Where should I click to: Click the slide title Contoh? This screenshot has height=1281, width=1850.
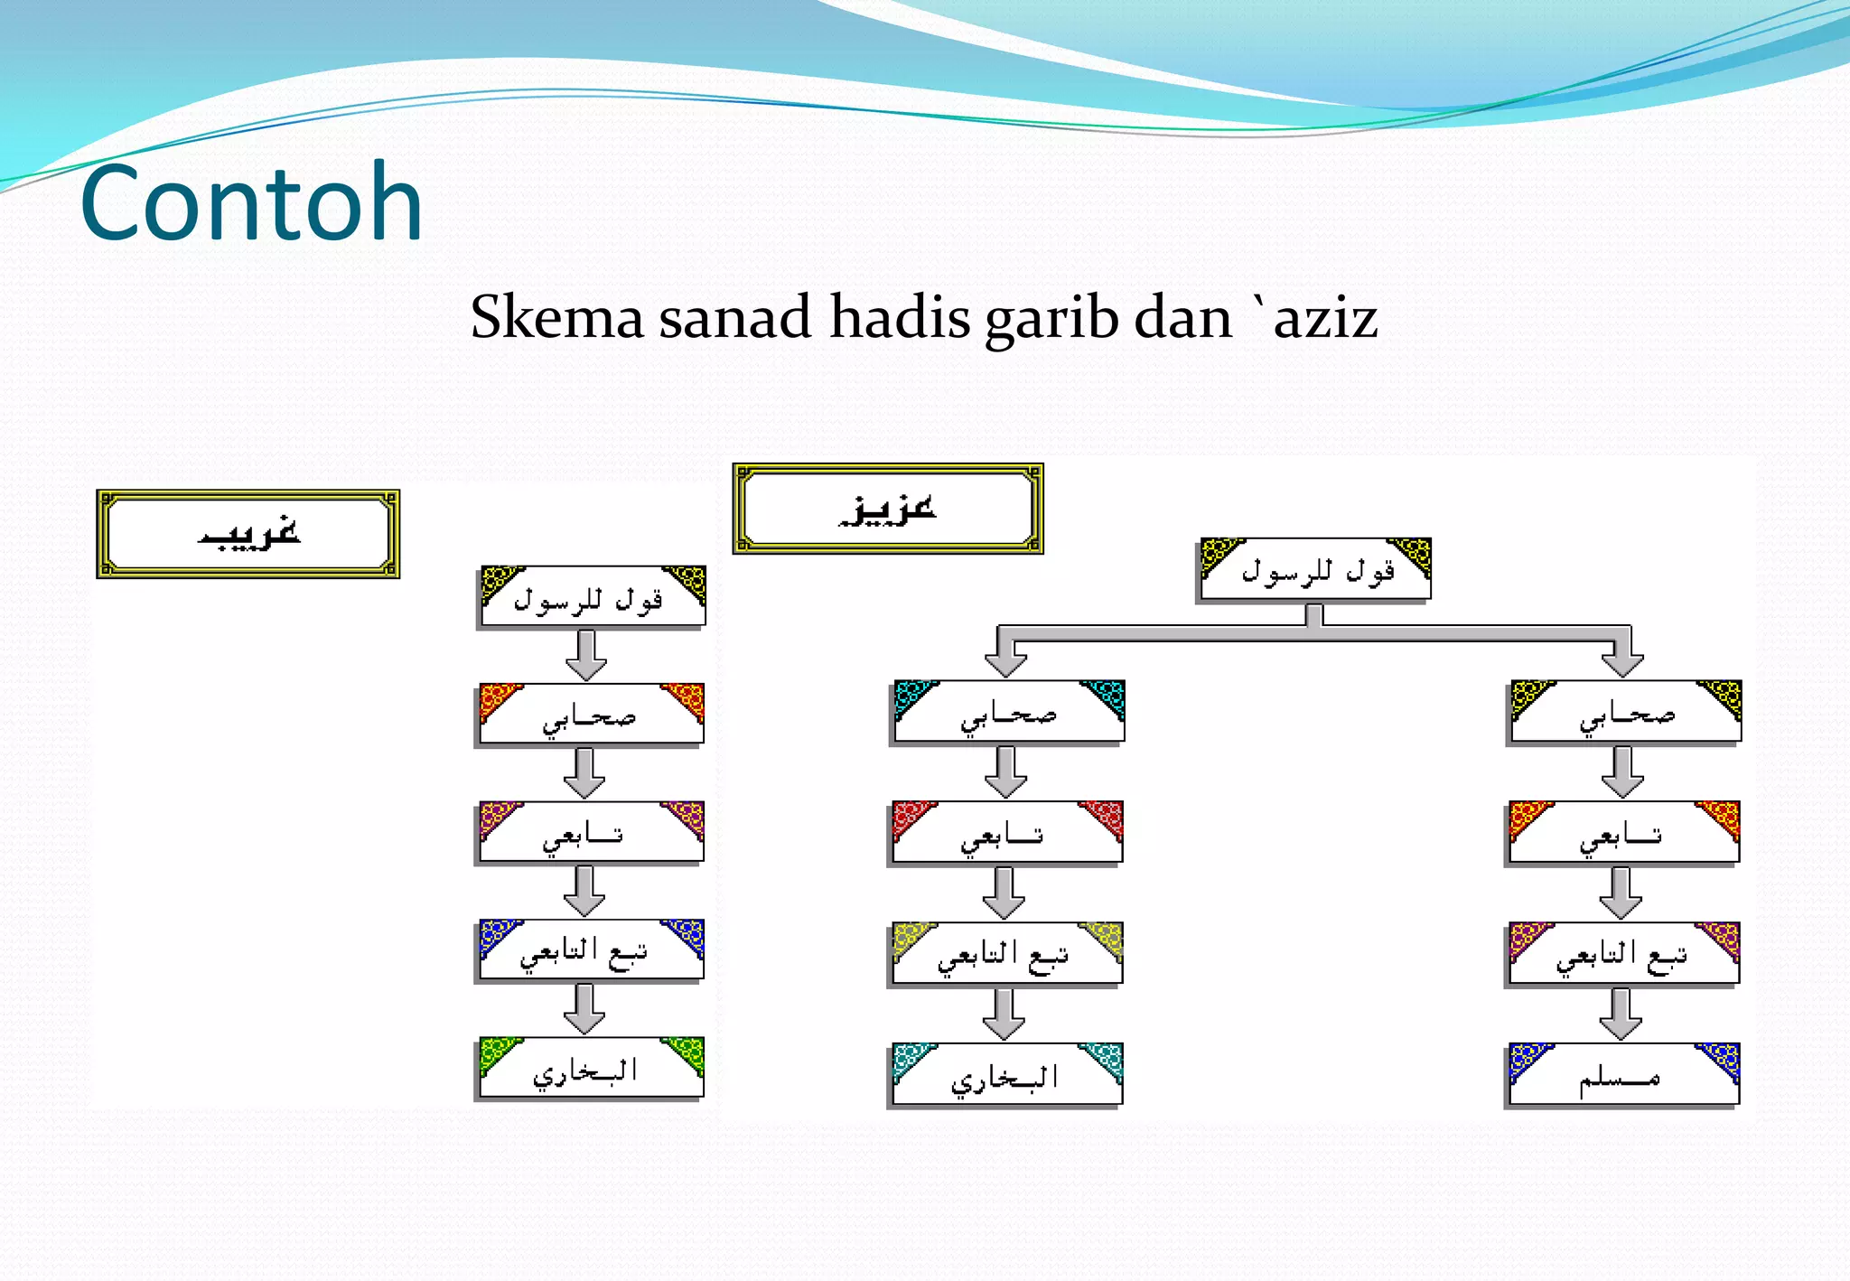(x=251, y=202)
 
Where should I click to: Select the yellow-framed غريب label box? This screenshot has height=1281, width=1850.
(x=248, y=534)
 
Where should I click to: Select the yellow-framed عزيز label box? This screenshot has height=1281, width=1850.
(x=888, y=509)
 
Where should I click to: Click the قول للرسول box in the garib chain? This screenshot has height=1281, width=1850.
(x=592, y=597)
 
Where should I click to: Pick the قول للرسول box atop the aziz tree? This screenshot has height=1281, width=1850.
(x=1315, y=570)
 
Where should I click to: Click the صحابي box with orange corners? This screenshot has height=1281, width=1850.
(x=591, y=715)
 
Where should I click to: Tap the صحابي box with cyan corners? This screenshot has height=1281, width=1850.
(x=1008, y=712)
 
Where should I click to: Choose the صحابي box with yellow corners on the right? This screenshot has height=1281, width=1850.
(x=1625, y=712)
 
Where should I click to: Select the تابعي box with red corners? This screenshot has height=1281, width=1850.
(x=1006, y=833)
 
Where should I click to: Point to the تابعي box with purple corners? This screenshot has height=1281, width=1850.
(x=591, y=832)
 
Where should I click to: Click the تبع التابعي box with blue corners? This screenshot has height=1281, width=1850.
(x=591, y=950)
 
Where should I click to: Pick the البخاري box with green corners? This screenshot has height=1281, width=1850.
(x=591, y=1069)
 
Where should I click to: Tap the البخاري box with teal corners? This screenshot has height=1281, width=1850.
(x=1006, y=1074)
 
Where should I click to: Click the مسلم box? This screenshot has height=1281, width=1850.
(x=1623, y=1074)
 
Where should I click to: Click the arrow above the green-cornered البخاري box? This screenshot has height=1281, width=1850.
(x=585, y=1009)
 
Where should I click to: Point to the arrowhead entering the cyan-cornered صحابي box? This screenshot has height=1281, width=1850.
(x=1006, y=663)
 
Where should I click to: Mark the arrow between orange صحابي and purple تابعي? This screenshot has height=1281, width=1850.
(x=585, y=773)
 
